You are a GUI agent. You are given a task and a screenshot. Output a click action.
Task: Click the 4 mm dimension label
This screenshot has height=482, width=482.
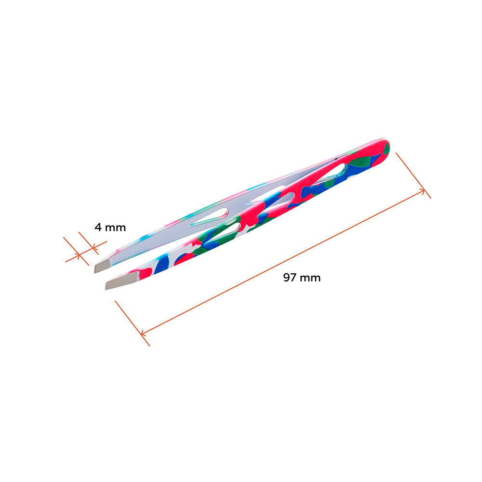click(x=110, y=228)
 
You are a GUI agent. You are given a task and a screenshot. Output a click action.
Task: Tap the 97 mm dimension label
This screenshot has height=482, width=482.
click(x=302, y=278)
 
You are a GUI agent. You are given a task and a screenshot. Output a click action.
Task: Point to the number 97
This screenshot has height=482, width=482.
click(x=290, y=278)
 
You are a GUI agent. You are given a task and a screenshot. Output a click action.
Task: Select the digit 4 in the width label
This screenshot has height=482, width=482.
click(x=98, y=227)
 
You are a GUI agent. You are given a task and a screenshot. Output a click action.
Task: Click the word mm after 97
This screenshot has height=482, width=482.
click(x=310, y=278)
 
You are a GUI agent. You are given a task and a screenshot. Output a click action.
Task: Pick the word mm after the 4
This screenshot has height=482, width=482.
click(x=116, y=228)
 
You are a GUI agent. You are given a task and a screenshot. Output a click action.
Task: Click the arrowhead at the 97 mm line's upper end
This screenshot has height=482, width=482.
click(x=423, y=192)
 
